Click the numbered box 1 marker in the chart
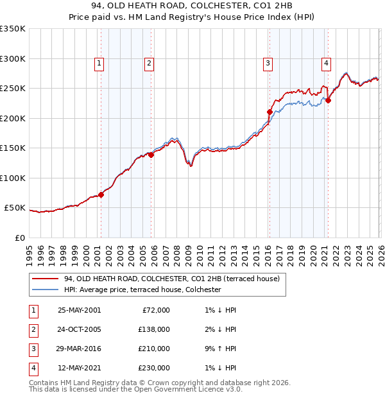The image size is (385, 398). tap(100, 63)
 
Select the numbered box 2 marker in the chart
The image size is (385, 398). tap(149, 63)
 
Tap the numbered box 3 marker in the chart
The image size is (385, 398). tap(267, 63)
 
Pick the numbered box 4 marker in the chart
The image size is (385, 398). tap(326, 63)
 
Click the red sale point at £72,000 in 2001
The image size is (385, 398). tap(101, 195)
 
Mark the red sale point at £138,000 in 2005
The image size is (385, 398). tap(151, 155)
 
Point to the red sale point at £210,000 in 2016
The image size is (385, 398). tap(269, 112)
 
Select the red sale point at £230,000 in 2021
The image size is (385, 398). tap(328, 100)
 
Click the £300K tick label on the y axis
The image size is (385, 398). tap(13, 58)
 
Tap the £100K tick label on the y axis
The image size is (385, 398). tap(13, 178)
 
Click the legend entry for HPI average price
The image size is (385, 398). tap(142, 290)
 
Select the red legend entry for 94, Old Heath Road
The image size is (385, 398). tap(171, 279)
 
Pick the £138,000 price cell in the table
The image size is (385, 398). tap(155, 329)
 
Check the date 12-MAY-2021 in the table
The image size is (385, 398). tap(79, 368)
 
